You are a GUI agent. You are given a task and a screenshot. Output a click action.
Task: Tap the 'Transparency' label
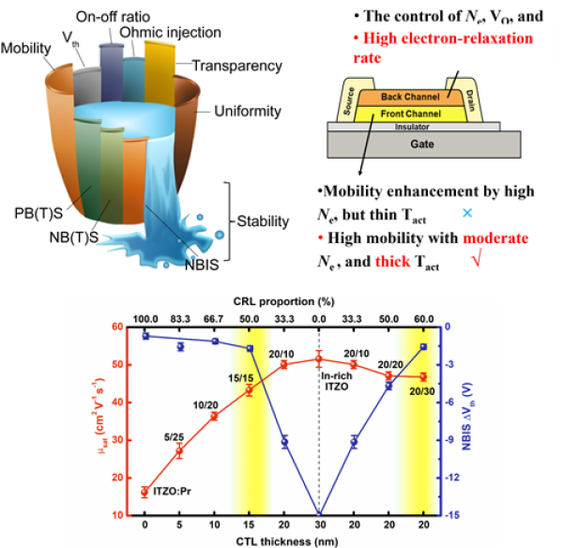[236, 66]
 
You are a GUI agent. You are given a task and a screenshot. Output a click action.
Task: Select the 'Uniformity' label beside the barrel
[247, 112]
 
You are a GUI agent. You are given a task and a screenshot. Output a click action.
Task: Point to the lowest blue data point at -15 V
[319, 515]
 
